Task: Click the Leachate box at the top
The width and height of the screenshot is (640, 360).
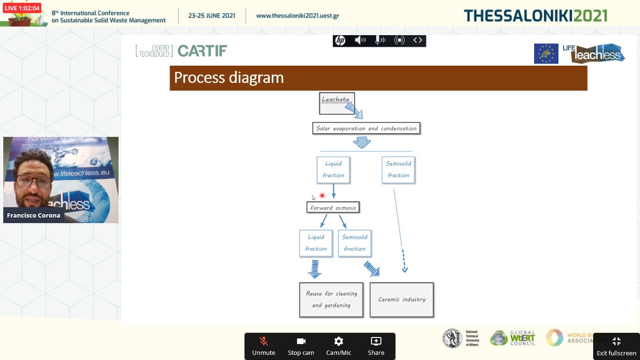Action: tap(336, 103)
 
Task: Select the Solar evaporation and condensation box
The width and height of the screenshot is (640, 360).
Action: tap(366, 128)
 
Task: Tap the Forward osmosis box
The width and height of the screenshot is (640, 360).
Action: tap(333, 208)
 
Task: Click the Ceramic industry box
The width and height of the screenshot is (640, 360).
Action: tap(402, 300)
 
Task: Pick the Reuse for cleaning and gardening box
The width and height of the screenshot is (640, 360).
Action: tap(331, 300)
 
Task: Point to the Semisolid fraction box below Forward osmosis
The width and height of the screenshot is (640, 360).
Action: tap(355, 243)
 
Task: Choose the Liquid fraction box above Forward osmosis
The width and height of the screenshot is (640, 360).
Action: tap(333, 170)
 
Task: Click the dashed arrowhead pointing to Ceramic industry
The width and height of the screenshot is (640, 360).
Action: tap(404, 269)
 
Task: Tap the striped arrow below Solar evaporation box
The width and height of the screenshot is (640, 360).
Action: tap(362, 142)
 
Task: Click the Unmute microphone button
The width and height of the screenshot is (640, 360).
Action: tap(264, 346)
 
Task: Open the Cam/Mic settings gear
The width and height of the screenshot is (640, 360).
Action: tap(338, 346)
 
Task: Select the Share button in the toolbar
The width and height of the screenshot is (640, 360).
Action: tap(376, 346)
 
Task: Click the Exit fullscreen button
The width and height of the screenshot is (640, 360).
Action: tap(616, 346)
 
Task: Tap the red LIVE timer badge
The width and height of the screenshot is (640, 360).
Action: tap(22, 8)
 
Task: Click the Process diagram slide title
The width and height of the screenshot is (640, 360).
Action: tap(229, 78)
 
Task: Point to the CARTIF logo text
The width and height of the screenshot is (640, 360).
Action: tap(202, 51)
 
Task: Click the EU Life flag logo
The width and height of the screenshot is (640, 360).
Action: tap(546, 53)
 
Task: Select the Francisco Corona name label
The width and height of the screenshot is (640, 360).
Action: tap(33, 215)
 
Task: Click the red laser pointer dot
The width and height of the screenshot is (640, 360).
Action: tap(322, 195)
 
